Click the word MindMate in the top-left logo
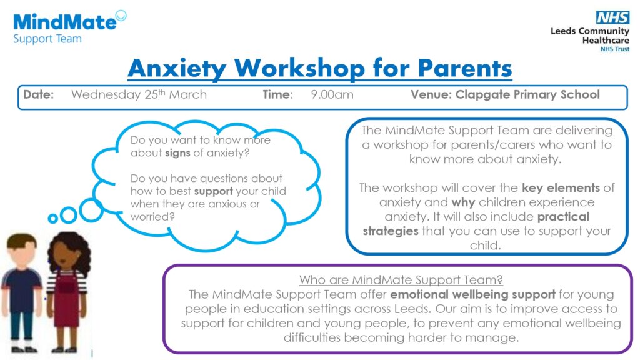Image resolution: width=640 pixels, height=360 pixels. click(64, 22)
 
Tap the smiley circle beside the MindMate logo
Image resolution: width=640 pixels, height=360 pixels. click(121, 16)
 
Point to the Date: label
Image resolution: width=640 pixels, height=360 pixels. click(39, 95)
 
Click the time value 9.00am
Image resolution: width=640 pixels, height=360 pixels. click(332, 95)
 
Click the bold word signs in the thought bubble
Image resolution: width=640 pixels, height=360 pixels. click(178, 152)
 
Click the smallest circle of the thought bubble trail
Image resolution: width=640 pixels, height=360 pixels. click(53, 219)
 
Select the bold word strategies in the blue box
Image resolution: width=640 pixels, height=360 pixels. click(391, 231)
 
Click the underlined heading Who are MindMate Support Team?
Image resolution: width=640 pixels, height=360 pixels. click(401, 279)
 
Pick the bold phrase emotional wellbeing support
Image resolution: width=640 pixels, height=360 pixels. click(473, 294)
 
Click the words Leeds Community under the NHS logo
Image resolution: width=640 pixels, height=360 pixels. click(589, 31)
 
